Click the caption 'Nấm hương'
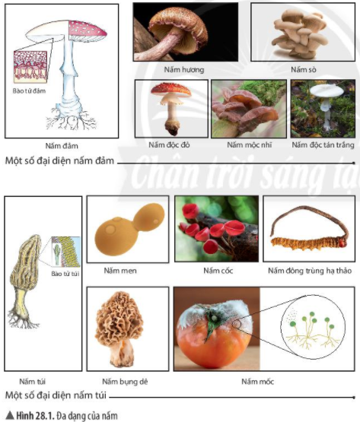coord(184,70)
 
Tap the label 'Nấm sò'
coord(304,70)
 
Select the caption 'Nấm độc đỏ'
coord(169,144)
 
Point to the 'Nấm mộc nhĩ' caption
coord(249,144)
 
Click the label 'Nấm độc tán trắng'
coord(323,144)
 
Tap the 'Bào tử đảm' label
coord(29,90)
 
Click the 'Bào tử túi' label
coord(65,274)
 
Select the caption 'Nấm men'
coord(120,271)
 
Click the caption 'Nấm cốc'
coord(218,271)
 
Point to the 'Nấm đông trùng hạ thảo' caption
coord(310,271)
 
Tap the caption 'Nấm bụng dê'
coord(125,382)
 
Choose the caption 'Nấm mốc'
coord(257,382)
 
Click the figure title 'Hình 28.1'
coord(35,416)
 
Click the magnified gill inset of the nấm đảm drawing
coord(30,66)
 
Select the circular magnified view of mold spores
coord(313,327)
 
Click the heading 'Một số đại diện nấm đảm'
coord(59,160)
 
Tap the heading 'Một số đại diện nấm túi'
coord(56,395)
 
